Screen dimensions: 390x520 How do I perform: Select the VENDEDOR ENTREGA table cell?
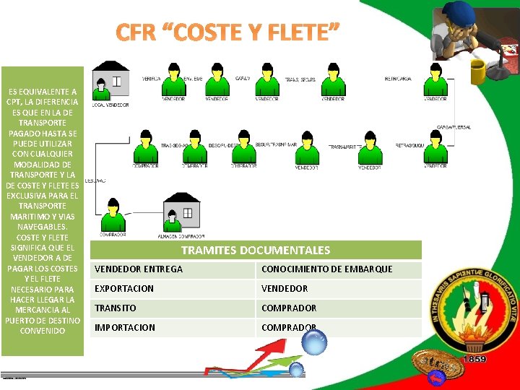(174, 269)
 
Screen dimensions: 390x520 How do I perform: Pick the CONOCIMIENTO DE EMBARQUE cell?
(339, 269)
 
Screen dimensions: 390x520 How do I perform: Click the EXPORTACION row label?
(174, 289)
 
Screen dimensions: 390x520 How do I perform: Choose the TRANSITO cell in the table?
(174, 308)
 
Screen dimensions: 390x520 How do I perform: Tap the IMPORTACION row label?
(174, 328)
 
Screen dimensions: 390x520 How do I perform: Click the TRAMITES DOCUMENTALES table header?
(256, 251)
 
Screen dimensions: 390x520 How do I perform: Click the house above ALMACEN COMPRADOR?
(181, 214)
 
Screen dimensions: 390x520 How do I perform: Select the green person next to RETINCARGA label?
(435, 82)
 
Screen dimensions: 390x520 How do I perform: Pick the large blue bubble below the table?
(314, 342)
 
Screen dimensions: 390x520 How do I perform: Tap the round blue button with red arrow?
(436, 379)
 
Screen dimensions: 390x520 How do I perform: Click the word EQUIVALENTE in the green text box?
(45, 92)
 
